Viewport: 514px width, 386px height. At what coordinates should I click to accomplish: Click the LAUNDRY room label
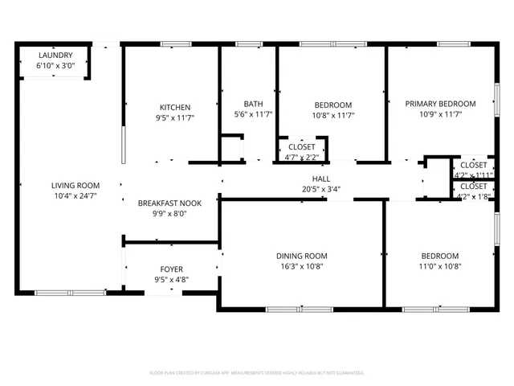click(x=55, y=55)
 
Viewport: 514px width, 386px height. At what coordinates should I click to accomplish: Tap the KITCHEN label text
click(x=174, y=107)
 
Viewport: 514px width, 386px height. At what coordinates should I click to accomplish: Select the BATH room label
click(x=253, y=104)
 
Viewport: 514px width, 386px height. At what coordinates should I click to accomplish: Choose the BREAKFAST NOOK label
click(x=169, y=203)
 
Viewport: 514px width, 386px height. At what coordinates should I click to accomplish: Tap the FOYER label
click(x=171, y=269)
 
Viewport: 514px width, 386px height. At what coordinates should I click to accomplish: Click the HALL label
click(x=321, y=179)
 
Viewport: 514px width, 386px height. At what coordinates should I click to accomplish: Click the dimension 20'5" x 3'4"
click(x=321, y=189)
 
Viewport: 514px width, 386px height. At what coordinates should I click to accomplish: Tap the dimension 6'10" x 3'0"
click(x=55, y=65)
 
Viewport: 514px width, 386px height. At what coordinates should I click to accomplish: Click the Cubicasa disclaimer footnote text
click(x=257, y=373)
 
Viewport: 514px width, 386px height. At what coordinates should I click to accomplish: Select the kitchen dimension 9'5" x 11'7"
click(x=174, y=117)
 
